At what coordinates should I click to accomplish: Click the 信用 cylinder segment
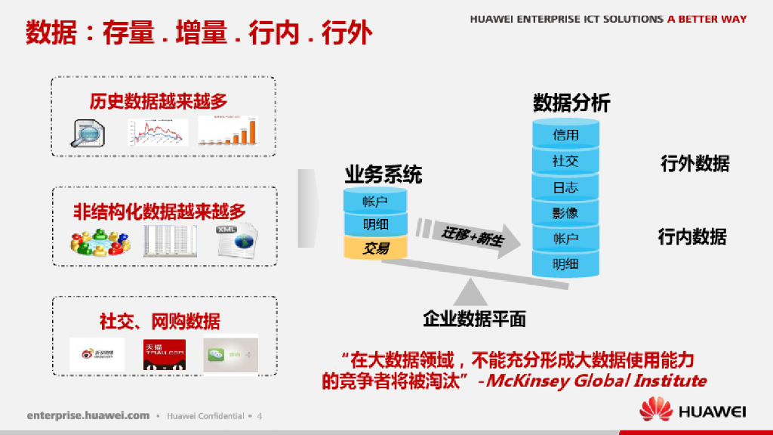pos(565,135)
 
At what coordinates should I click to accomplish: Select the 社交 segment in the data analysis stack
pos(565,161)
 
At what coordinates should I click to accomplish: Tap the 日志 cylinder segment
pos(565,187)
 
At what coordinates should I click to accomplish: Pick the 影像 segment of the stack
pos(565,213)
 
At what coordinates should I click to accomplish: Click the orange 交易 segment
pos(375,248)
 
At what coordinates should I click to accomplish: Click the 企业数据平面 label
pos(474,319)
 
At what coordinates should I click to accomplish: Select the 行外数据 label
pos(694,163)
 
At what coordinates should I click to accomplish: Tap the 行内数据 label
pos(692,236)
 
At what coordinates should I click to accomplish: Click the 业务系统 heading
pos(383,175)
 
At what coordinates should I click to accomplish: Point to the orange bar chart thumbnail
pos(227,130)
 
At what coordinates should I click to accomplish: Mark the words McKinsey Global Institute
pos(596,380)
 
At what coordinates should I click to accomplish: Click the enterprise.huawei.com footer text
pos(88,416)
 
